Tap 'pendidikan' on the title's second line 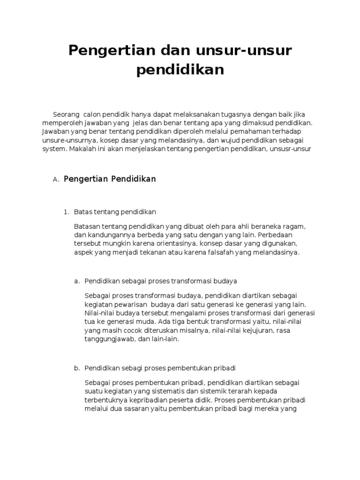(x=180, y=70)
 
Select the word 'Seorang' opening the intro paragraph (x=66, y=115)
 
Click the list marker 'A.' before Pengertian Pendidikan (x=56, y=180)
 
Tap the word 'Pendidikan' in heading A (x=133, y=179)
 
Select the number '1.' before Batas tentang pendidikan (x=66, y=212)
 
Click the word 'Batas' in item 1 (x=83, y=212)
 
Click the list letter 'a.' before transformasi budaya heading (x=77, y=281)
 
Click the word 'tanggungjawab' (x=107, y=339)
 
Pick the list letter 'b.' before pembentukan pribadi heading (x=77, y=368)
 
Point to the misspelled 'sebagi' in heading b (x=131, y=368)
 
